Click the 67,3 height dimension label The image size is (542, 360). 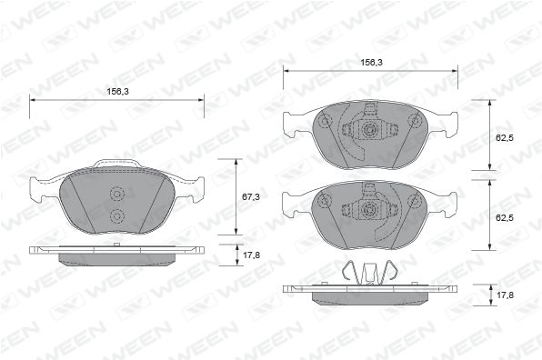pyautogui.click(x=251, y=197)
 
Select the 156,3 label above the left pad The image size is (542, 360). pyautogui.click(x=117, y=92)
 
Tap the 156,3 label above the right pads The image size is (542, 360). pyautogui.click(x=372, y=63)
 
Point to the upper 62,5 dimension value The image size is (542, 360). pyautogui.click(x=505, y=138)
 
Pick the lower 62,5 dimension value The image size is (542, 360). pyautogui.click(x=505, y=218)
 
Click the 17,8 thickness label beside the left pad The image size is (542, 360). pyautogui.click(x=251, y=255)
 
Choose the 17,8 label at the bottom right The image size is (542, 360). pyautogui.click(x=505, y=295)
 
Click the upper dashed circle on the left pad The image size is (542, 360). pyautogui.click(x=116, y=195)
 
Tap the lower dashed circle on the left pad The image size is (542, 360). pyautogui.click(x=116, y=216)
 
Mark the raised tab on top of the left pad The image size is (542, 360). pyautogui.click(x=117, y=164)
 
